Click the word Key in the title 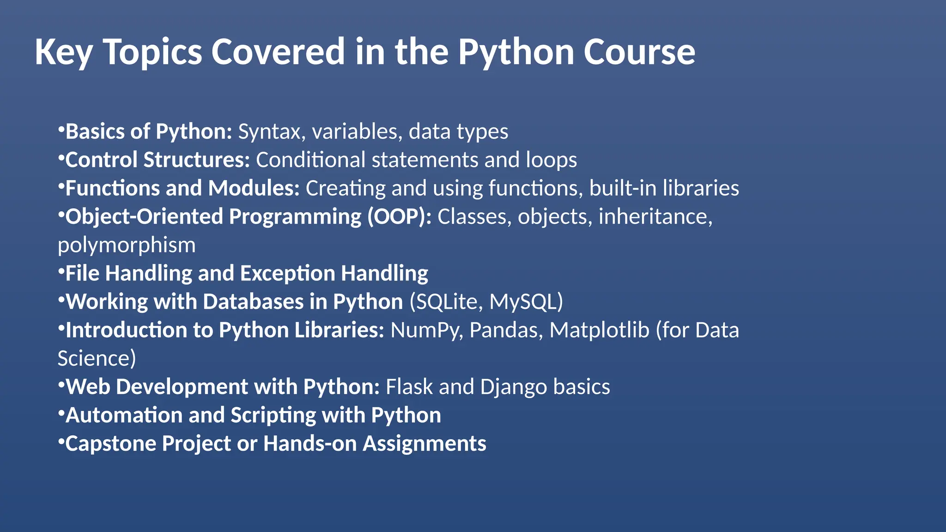tap(63, 52)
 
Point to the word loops tap(551, 160)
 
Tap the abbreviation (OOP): tap(399, 217)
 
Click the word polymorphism tap(127, 245)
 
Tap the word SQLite tap(447, 302)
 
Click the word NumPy tap(426, 330)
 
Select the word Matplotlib tap(599, 330)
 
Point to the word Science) tap(97, 358)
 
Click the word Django tap(514, 387)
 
